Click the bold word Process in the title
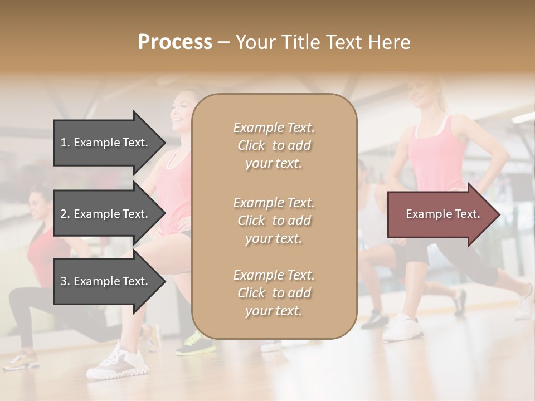coord(175,42)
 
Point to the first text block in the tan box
coord(274,145)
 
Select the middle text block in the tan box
coord(274,221)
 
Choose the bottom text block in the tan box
coord(274,293)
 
